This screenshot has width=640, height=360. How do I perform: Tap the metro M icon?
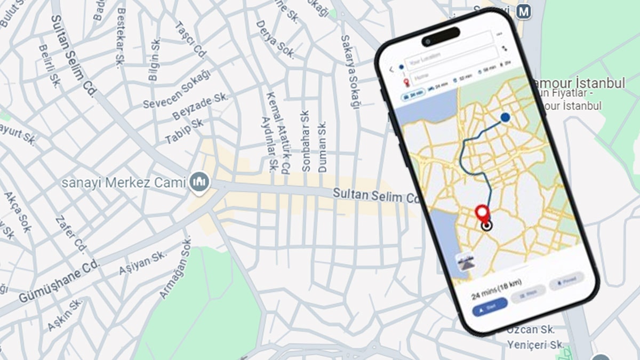[x=524, y=12]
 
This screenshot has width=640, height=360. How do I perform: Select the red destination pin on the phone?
[x=483, y=213]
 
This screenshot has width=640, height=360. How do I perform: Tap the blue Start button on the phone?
[x=490, y=307]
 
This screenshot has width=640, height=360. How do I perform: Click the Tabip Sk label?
[x=185, y=131]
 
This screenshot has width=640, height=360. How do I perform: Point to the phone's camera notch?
[x=441, y=37]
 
